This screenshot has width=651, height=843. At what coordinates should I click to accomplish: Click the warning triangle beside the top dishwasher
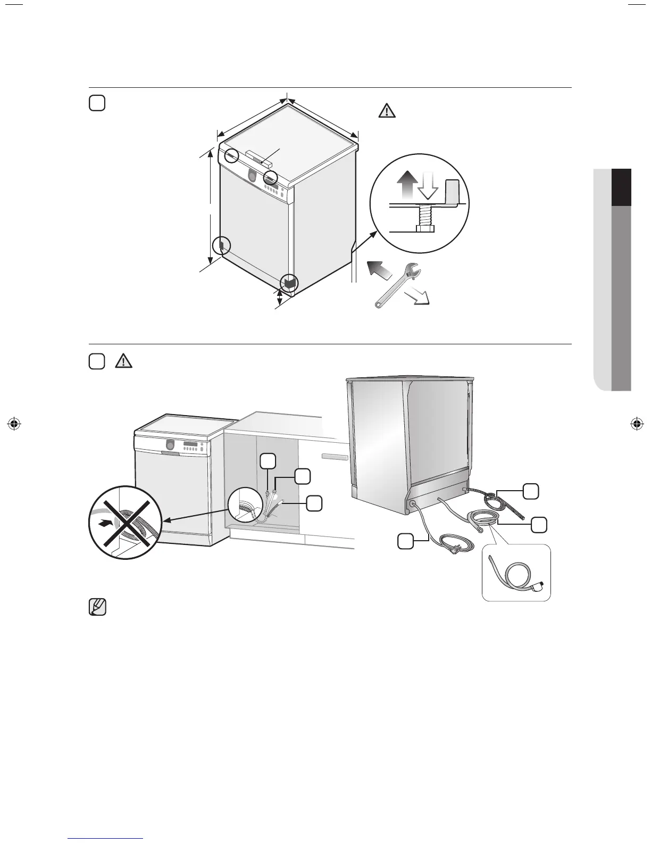coord(387,110)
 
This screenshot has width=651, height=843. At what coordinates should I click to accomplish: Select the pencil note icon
coord(97,607)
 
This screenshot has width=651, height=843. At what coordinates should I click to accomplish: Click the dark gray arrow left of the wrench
coord(380,270)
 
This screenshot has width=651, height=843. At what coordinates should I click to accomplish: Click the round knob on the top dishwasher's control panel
coord(252,175)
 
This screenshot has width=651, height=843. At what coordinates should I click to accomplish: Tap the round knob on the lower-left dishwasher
coord(169,444)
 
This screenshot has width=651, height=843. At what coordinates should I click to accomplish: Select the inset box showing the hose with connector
coord(515,573)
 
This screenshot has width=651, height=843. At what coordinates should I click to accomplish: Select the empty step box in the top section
coord(96,103)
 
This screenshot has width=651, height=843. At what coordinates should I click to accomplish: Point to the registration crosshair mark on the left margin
coord(15,424)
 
